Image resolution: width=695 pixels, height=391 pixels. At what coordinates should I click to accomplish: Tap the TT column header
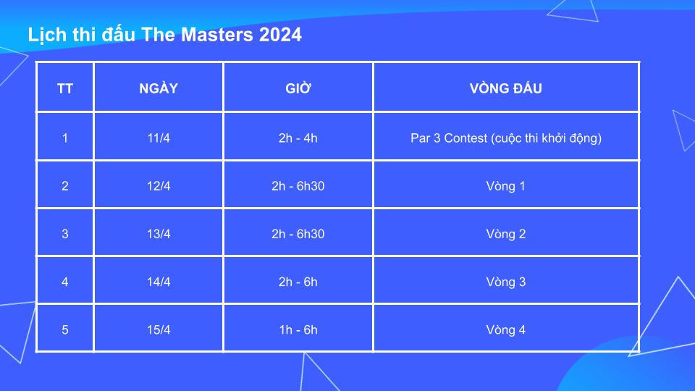[65, 89]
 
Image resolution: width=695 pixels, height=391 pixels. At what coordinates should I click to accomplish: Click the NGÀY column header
[159, 89]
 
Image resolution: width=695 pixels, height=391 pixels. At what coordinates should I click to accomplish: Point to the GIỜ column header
[298, 89]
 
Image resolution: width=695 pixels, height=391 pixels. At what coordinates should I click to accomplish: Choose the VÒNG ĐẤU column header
[506, 89]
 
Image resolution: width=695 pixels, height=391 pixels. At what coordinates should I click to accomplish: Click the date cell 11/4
[159, 138]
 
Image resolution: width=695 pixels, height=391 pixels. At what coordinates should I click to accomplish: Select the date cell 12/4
[159, 186]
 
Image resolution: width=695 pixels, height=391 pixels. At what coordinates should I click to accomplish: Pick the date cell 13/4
[159, 234]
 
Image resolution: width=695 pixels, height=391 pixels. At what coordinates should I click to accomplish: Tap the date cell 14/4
[159, 282]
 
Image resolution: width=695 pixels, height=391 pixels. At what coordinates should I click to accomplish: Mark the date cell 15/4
[159, 330]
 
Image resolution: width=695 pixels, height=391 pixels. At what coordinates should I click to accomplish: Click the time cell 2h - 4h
[298, 138]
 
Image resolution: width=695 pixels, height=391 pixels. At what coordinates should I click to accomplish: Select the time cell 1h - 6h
[298, 330]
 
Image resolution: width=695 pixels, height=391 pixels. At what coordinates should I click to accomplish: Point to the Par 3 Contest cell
[506, 138]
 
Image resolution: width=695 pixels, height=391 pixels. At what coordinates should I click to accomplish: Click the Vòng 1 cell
[506, 186]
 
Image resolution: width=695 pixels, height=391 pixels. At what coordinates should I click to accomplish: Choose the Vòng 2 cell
[506, 234]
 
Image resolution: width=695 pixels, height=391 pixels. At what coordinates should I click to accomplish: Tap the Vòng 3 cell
[506, 282]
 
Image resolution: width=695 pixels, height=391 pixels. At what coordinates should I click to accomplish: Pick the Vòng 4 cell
[506, 330]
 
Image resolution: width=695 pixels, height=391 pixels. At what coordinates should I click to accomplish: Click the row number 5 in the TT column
[65, 330]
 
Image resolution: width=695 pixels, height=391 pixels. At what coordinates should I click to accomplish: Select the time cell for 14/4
[298, 282]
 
